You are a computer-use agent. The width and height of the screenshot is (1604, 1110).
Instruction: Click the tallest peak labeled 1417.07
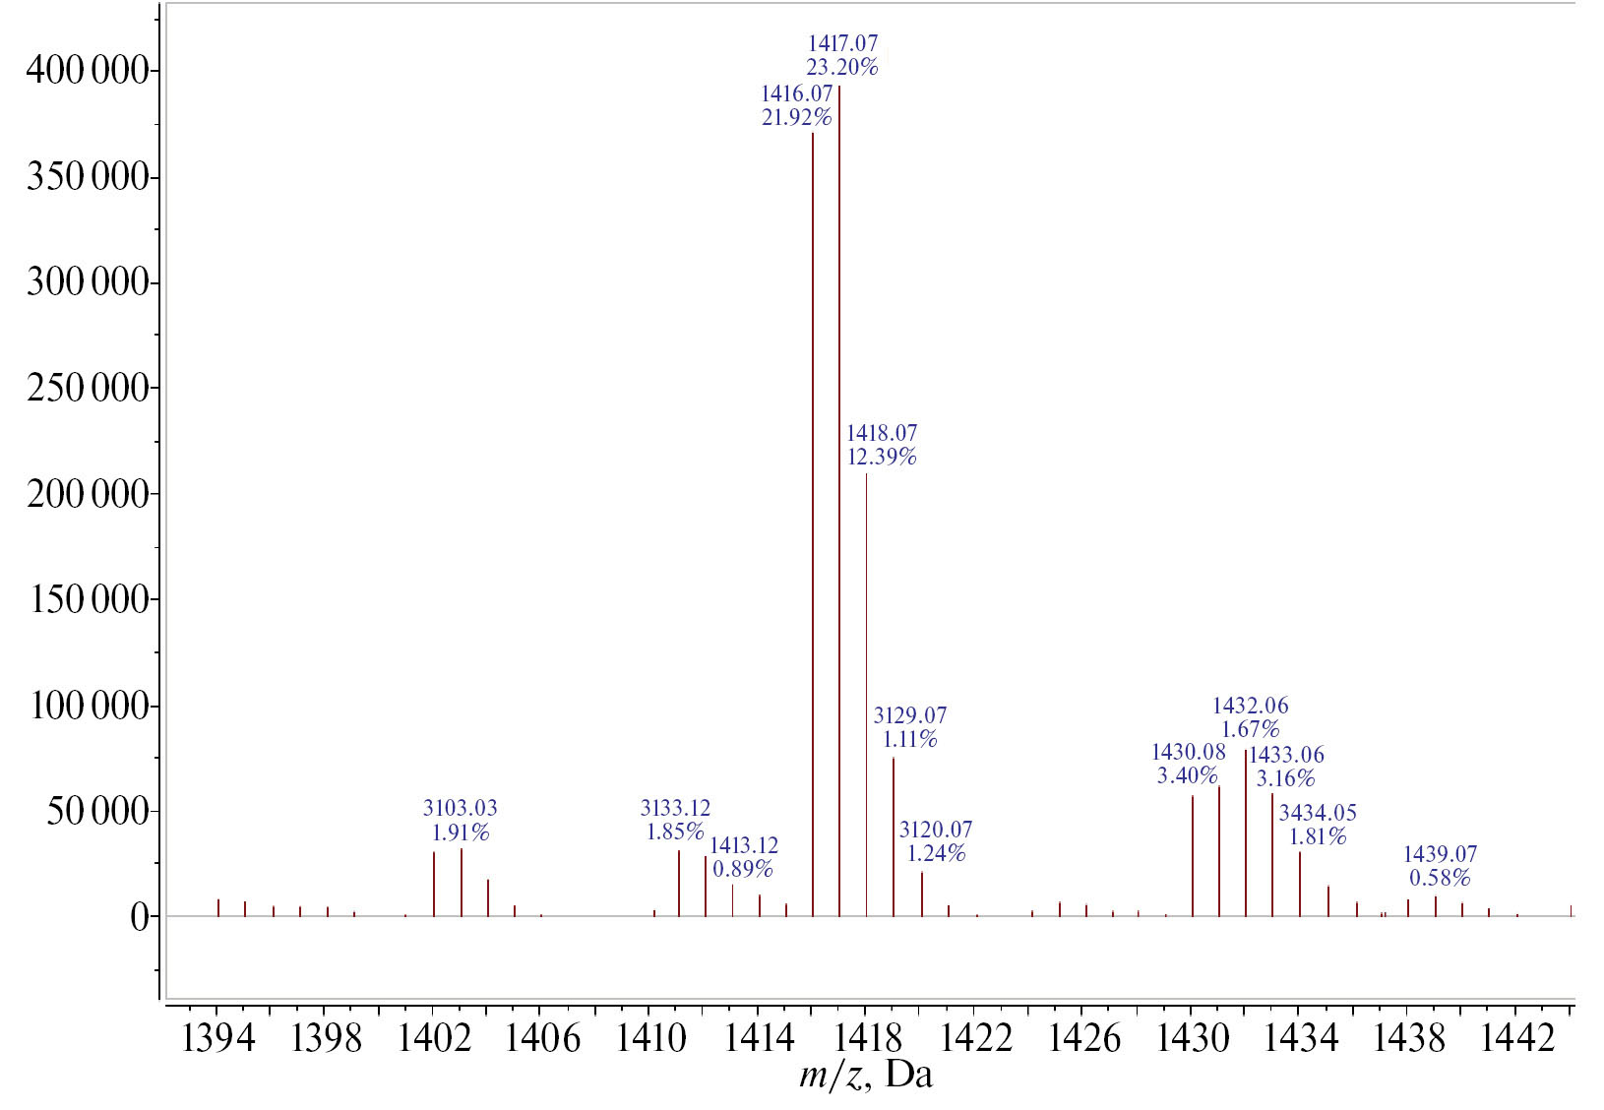[839, 492]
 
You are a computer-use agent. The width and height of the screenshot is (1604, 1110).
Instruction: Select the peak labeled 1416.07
[813, 522]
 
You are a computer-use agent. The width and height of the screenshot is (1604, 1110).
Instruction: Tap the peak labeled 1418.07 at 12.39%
[867, 689]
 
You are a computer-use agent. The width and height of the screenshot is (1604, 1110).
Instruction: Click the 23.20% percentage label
[842, 68]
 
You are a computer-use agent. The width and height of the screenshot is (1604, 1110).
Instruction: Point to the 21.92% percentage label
[796, 118]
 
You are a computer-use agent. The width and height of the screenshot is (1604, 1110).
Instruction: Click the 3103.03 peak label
[461, 808]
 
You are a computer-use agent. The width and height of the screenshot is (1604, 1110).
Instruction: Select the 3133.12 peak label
[675, 808]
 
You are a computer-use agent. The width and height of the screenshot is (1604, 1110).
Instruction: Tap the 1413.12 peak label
[744, 845]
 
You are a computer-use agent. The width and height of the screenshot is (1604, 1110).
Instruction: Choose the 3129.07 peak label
[910, 715]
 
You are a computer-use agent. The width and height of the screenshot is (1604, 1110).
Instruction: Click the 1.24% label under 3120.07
[936, 853]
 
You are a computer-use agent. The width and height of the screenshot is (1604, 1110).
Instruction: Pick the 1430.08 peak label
[1189, 753]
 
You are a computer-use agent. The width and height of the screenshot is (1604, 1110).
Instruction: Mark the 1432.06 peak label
[1250, 706]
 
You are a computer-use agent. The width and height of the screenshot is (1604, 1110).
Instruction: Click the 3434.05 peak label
[1318, 813]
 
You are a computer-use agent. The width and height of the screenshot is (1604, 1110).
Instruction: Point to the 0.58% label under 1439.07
[1440, 878]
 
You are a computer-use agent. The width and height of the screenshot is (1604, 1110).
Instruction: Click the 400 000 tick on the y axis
[88, 71]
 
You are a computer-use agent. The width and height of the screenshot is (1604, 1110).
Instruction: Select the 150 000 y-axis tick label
[90, 599]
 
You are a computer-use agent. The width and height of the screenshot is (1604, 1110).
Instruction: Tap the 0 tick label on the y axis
[139, 917]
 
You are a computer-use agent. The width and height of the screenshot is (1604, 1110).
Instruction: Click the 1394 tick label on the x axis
[217, 1039]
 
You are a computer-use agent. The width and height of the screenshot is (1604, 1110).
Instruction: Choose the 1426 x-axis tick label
[1083, 1039]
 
